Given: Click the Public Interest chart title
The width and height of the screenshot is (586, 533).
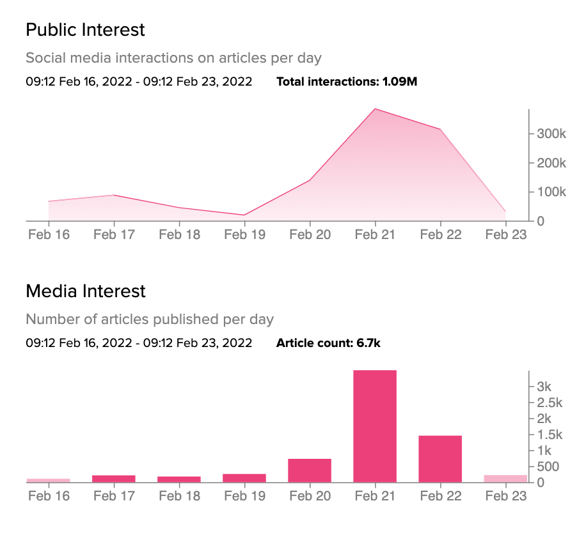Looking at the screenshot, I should click(x=85, y=29).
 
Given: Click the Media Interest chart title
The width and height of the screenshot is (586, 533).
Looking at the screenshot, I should click(x=86, y=291).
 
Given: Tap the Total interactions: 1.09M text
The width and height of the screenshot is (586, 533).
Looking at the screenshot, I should click(x=347, y=82).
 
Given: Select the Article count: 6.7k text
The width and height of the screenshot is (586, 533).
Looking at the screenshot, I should click(x=328, y=343).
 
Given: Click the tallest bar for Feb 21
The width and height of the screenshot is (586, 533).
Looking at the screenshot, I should click(x=375, y=426).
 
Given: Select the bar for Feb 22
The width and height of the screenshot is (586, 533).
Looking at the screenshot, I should click(x=440, y=459).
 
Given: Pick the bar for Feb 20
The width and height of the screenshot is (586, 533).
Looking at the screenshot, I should click(x=310, y=470).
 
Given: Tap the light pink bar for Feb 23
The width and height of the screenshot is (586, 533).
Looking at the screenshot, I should click(x=505, y=479).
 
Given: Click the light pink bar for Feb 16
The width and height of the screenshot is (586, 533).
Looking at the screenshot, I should click(x=49, y=480).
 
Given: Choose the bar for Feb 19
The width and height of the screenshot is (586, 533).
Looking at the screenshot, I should click(x=244, y=478).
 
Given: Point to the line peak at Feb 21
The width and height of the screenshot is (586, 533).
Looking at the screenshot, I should click(x=375, y=109).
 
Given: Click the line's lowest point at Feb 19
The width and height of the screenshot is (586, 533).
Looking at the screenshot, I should click(x=244, y=215).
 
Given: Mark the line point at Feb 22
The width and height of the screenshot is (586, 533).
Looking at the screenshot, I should click(x=440, y=130).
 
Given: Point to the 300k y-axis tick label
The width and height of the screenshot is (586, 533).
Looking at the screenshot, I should click(x=551, y=134).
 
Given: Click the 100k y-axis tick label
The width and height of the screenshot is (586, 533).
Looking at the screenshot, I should click(x=551, y=192).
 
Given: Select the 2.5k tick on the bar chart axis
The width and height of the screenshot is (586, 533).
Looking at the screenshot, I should click(x=550, y=403).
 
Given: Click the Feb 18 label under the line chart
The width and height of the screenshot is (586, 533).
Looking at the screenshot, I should click(x=179, y=235).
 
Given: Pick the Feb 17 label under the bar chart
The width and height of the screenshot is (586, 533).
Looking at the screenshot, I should click(x=114, y=496).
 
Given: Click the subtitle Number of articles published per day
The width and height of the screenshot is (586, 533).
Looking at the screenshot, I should click(x=150, y=319).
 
